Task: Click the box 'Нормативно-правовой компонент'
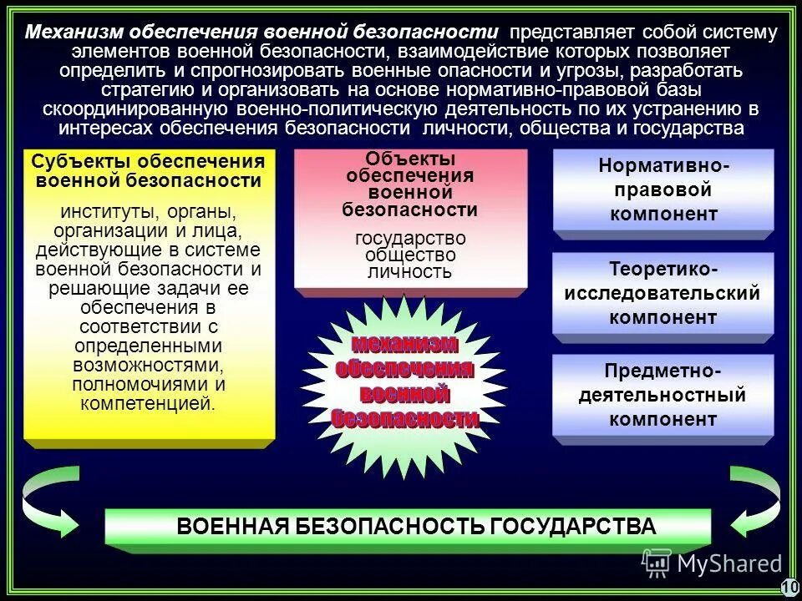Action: point(663,190)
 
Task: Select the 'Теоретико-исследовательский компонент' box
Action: point(663,294)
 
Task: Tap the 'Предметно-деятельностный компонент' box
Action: point(663,395)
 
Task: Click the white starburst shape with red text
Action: point(405,380)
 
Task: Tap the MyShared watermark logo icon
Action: point(657,563)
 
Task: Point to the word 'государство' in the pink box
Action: point(410,239)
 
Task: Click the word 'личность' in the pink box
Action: point(409,272)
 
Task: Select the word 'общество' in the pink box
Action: point(410,255)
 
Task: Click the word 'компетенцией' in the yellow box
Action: point(149,403)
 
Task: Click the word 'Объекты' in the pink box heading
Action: point(410,159)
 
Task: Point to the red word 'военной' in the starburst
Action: point(405,392)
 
